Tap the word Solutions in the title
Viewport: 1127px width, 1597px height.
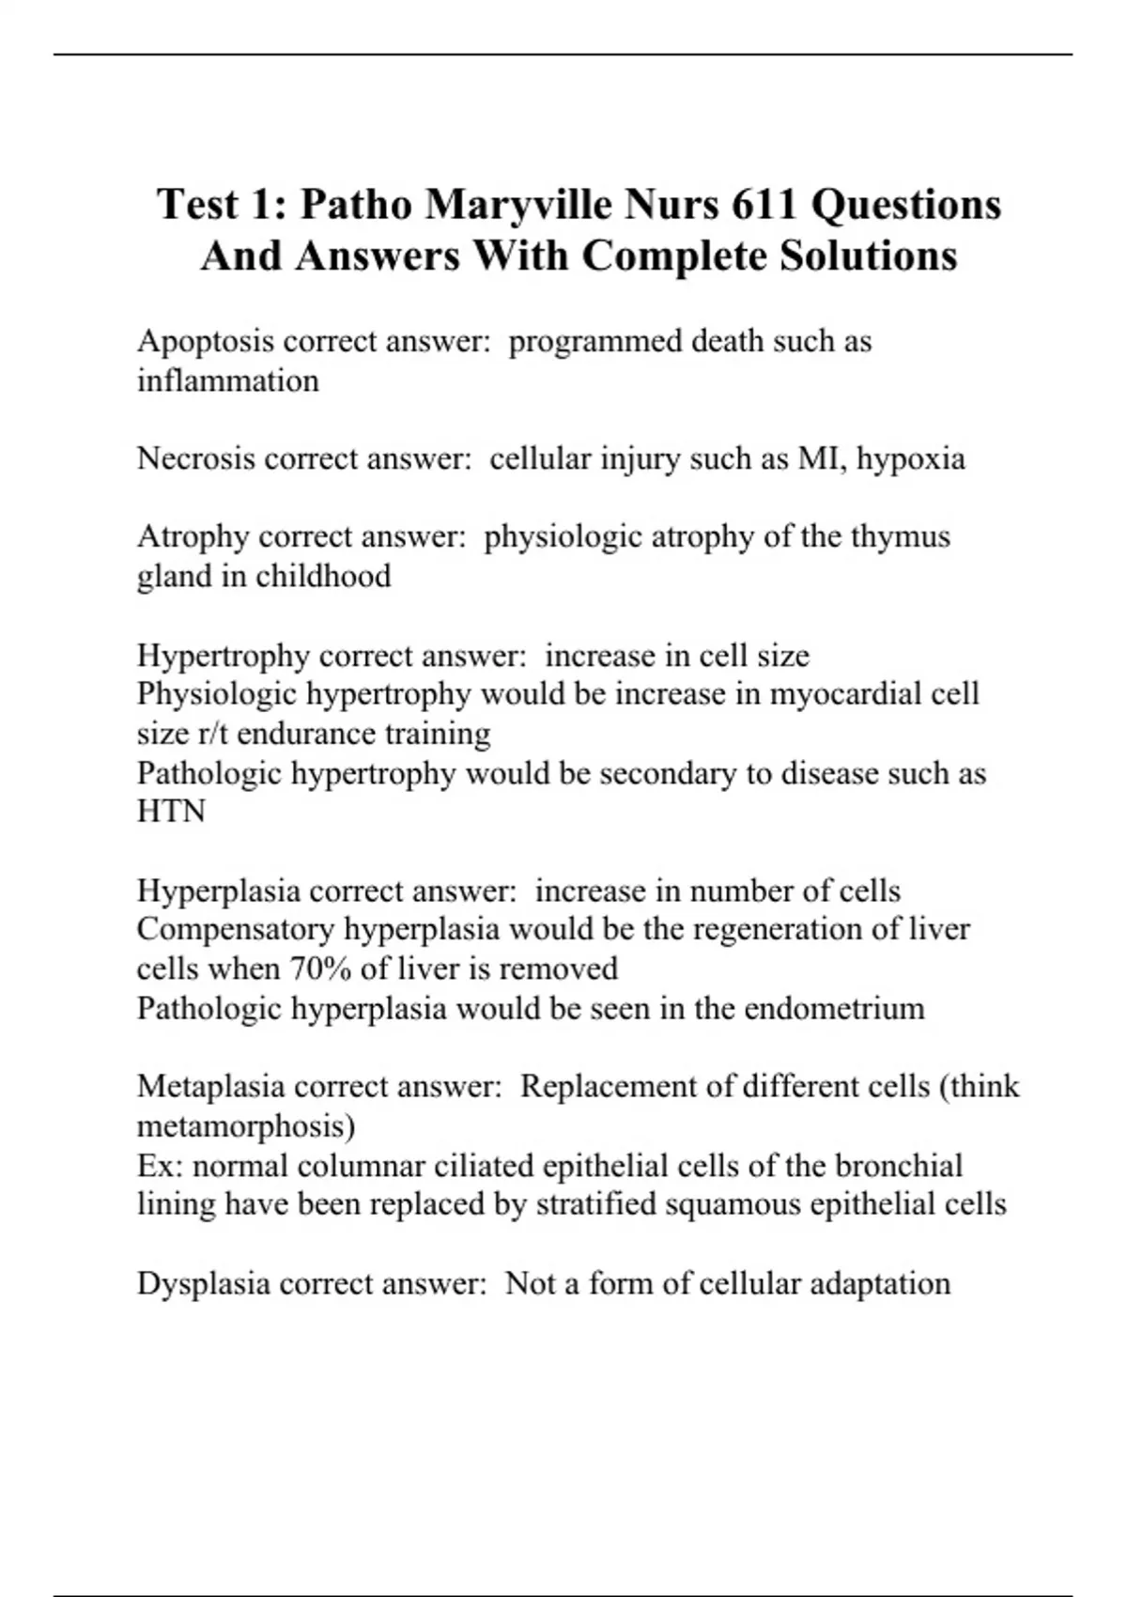869,256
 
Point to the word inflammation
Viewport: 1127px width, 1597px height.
228,380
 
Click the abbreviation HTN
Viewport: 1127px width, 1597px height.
171,812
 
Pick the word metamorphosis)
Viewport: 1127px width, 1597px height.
246,1125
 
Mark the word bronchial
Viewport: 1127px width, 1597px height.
899,1165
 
